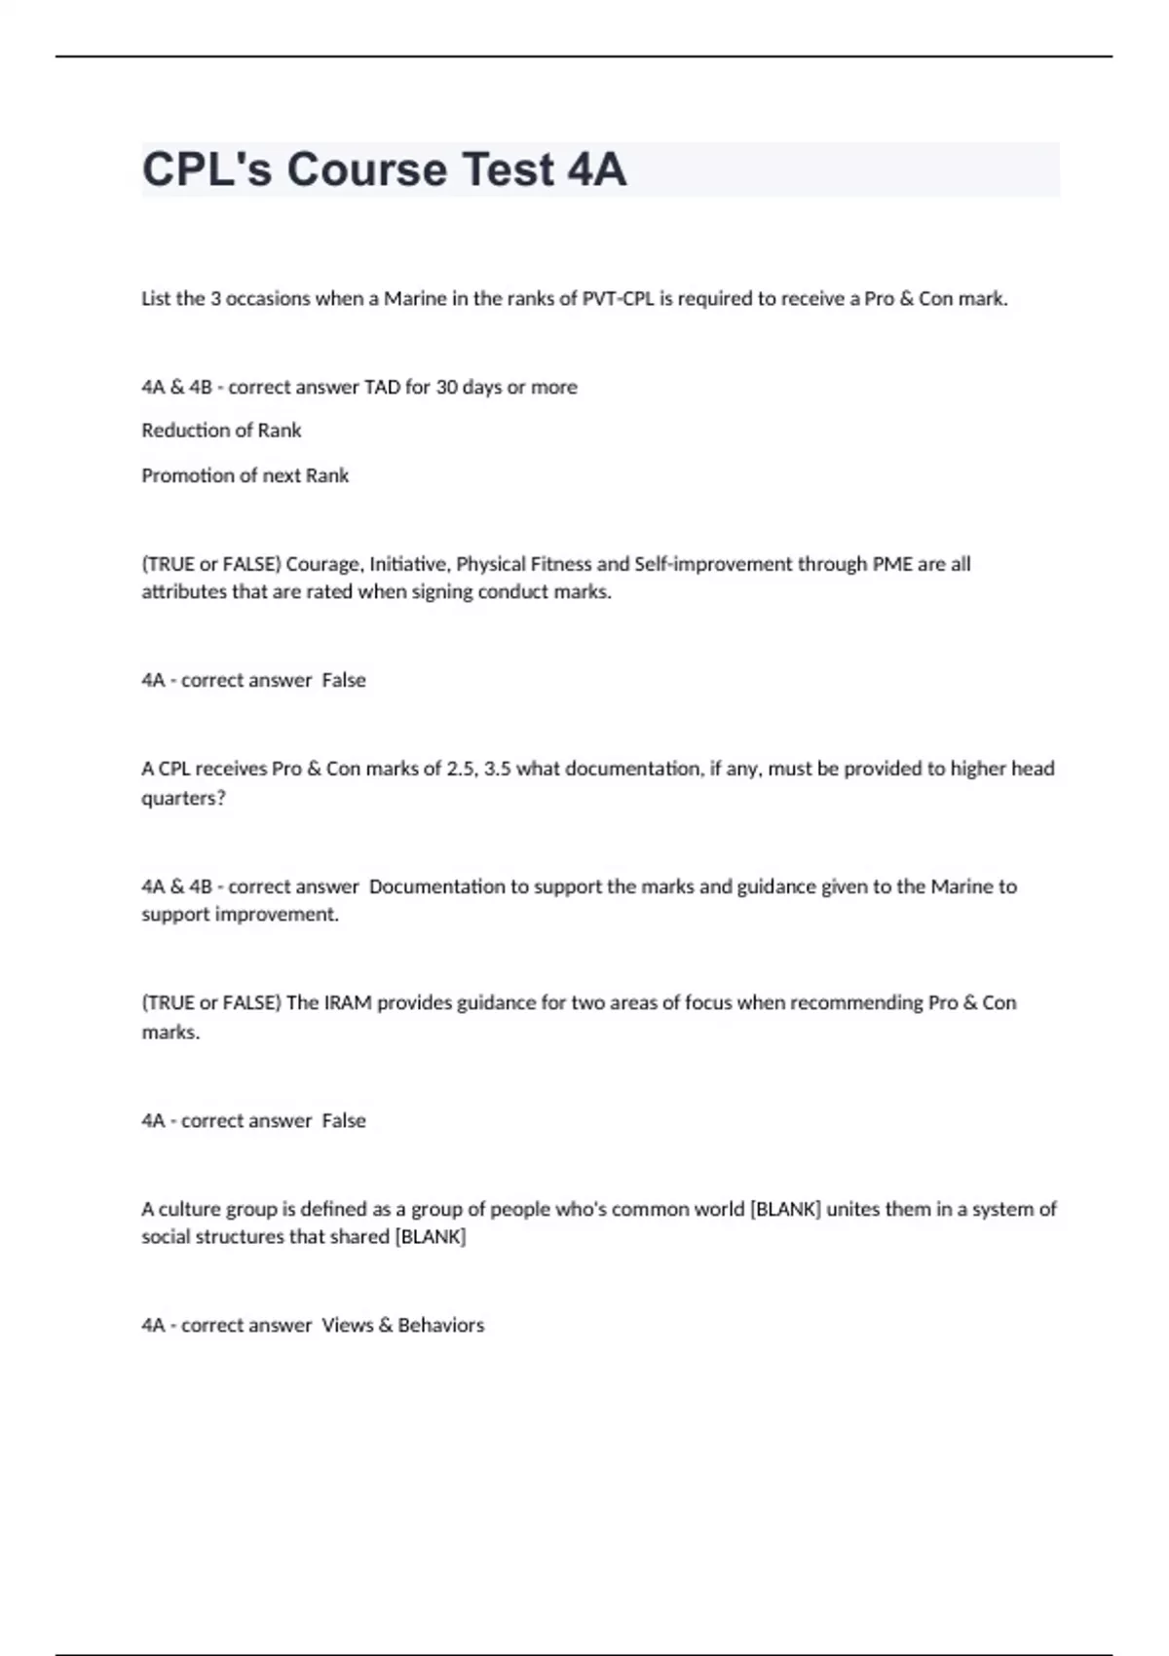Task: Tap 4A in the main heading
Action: (x=596, y=169)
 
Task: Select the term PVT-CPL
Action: (x=619, y=299)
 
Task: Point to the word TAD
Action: (x=382, y=388)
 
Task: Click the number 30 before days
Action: (x=446, y=388)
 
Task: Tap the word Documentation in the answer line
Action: (x=437, y=886)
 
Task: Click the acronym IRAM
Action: (x=348, y=1003)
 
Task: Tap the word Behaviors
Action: (x=440, y=1325)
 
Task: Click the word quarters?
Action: (x=183, y=798)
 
